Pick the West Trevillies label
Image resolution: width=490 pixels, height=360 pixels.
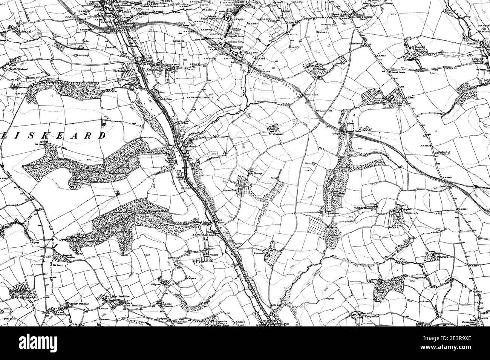coord(121,297)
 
